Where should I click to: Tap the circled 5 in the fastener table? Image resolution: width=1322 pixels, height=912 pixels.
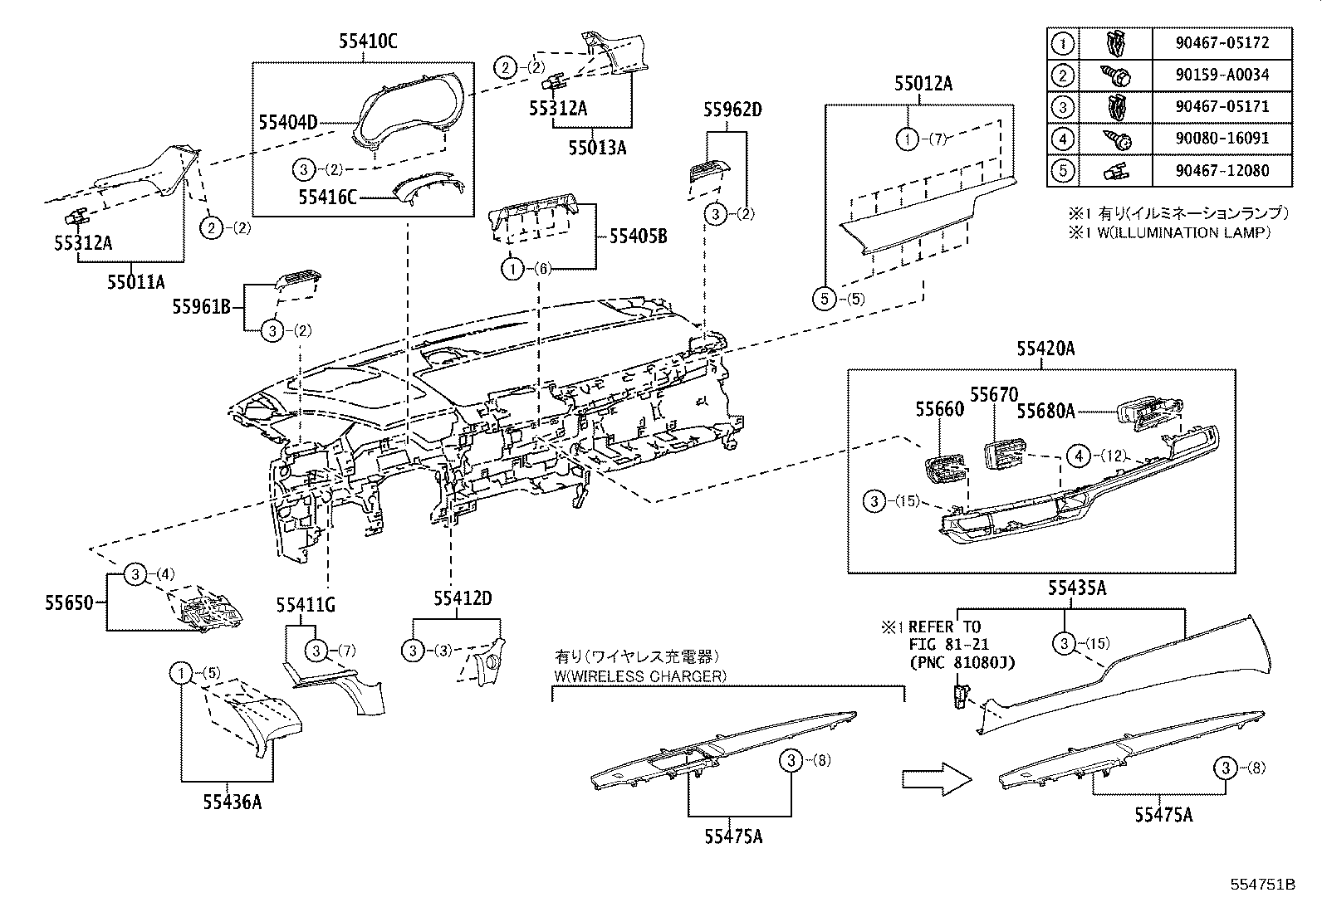(1064, 171)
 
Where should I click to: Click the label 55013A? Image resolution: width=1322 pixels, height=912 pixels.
(597, 148)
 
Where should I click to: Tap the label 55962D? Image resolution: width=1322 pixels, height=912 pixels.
(732, 109)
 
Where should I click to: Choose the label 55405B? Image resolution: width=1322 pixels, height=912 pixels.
(638, 237)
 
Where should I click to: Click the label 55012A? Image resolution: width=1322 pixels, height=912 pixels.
(923, 84)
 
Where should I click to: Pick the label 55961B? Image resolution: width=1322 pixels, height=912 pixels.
(201, 307)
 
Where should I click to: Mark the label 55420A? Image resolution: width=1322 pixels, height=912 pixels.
(1045, 349)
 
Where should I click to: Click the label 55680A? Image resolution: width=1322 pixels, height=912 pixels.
(1046, 410)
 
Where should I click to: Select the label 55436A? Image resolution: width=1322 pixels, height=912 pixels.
(232, 801)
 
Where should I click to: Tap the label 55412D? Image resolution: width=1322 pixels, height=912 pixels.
(462, 598)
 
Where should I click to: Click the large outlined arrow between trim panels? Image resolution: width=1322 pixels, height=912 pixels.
(936, 778)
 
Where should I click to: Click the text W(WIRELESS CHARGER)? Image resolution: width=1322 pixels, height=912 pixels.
(639, 676)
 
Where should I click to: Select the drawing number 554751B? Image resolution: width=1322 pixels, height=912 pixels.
(1262, 884)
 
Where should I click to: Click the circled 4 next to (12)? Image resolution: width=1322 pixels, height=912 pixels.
(1078, 456)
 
